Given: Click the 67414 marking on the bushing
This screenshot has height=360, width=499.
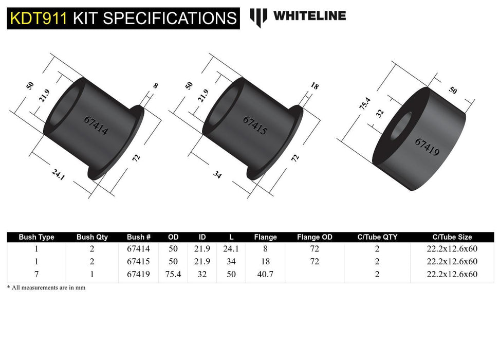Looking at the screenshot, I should (x=96, y=125).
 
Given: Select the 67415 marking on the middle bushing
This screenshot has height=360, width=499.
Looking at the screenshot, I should (x=255, y=125).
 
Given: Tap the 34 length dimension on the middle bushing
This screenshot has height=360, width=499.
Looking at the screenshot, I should (x=217, y=175).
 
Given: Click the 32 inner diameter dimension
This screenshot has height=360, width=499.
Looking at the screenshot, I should (x=380, y=113).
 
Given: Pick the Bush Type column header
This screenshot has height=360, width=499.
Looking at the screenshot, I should (x=36, y=237).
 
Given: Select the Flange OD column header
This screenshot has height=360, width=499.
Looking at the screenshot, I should (x=315, y=237).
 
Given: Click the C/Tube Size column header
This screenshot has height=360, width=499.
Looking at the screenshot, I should (x=452, y=237).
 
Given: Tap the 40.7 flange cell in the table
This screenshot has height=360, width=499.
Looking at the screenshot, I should (x=265, y=275).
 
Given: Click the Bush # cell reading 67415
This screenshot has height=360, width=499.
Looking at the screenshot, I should (x=138, y=262).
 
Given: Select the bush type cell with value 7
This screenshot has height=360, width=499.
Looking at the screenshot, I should (x=36, y=275).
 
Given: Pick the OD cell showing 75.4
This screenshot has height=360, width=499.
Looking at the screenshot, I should (x=174, y=275).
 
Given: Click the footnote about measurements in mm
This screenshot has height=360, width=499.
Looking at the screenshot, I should (x=46, y=287).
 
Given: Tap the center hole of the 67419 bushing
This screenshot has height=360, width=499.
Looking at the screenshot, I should (x=402, y=125).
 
